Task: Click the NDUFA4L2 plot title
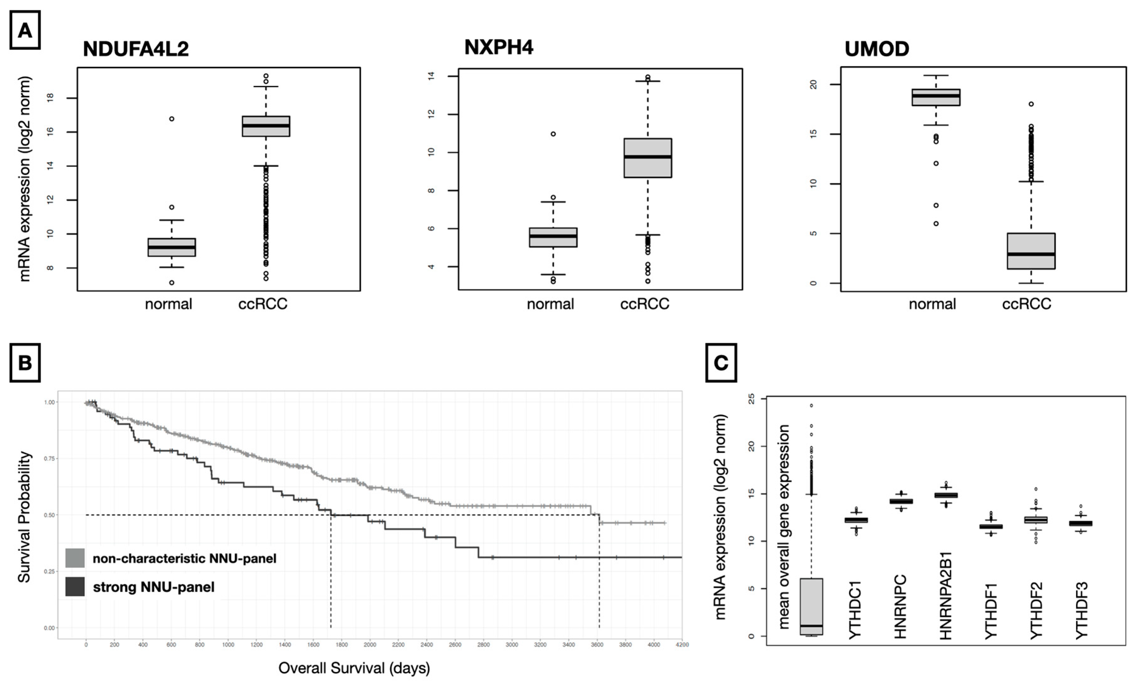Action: click(136, 49)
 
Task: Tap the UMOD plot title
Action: click(877, 49)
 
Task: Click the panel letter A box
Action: click(25, 30)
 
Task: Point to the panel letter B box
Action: click(25, 363)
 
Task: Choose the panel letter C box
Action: click(721, 363)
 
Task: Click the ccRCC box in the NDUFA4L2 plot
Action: click(266, 126)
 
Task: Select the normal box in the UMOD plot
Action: click(936, 97)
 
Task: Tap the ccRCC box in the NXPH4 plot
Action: click(648, 158)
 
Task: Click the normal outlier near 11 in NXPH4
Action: click(553, 134)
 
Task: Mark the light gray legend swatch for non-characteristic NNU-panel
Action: click(75, 558)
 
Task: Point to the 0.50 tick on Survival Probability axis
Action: click(49, 515)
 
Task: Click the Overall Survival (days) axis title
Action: click(354, 668)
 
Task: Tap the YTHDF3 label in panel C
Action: click(1081, 610)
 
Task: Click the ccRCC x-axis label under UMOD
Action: click(1026, 304)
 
